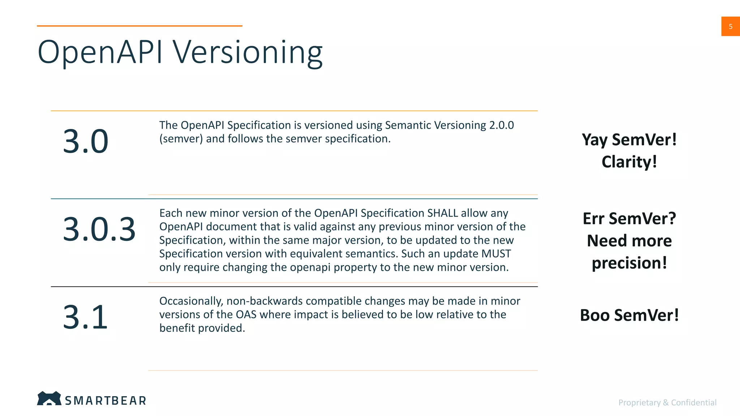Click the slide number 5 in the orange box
coord(730,26)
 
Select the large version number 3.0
coord(86,141)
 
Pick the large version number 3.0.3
coord(99,229)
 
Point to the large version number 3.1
coord(85,317)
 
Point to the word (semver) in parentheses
coord(181,139)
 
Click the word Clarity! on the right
coord(629,162)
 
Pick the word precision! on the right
coord(629,263)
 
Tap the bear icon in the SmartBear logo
coord(49,398)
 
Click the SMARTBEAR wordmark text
coord(106,400)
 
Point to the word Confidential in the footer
coord(694,402)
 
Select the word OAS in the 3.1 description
coord(246,315)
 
